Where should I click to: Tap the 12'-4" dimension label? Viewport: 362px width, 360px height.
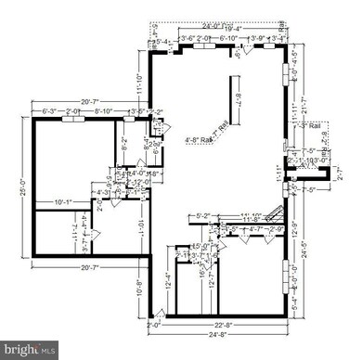coord(168,277)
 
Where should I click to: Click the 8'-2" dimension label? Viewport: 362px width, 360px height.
coord(125,139)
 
